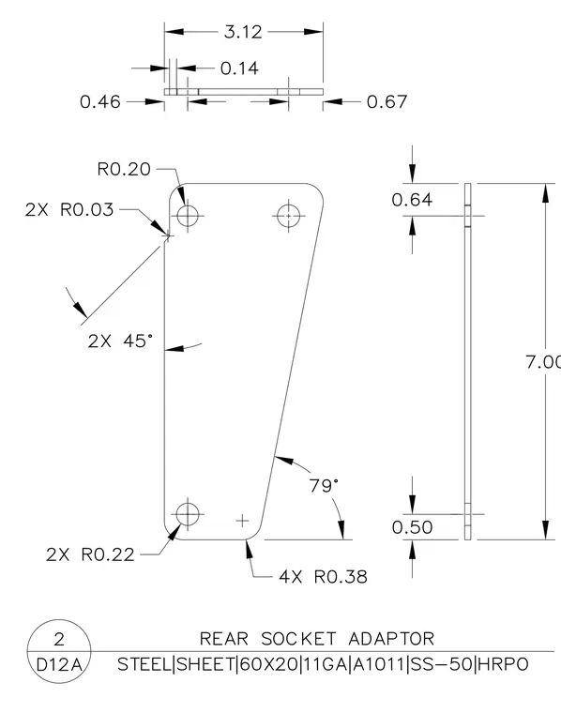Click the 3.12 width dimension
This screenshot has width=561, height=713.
pos(243,32)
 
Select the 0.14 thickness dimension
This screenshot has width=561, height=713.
pos(239,68)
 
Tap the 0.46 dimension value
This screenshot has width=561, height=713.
pos(100,102)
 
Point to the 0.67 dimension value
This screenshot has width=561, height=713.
pos(387,102)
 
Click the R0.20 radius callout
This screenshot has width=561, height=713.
pos(124,169)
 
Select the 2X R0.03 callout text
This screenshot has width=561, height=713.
pos(69,209)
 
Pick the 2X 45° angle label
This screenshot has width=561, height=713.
pos(120,341)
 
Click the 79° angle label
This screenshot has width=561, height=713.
pos(325,486)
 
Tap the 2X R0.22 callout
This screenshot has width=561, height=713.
pos(90,554)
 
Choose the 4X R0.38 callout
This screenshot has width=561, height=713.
pos(324,577)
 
